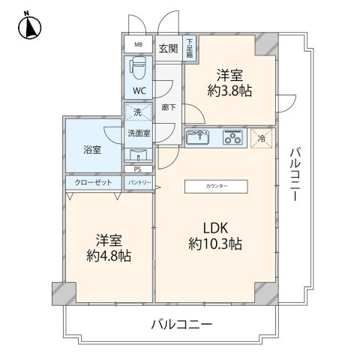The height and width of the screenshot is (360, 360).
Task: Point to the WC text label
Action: click(139, 91)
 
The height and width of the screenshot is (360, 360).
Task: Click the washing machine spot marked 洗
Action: click(137, 112)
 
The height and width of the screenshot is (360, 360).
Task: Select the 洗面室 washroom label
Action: click(137, 133)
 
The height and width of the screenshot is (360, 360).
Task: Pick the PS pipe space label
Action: click(137, 169)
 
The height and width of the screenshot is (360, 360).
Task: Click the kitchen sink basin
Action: click(200, 137)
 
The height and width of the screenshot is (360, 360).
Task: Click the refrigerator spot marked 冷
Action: click(261, 138)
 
